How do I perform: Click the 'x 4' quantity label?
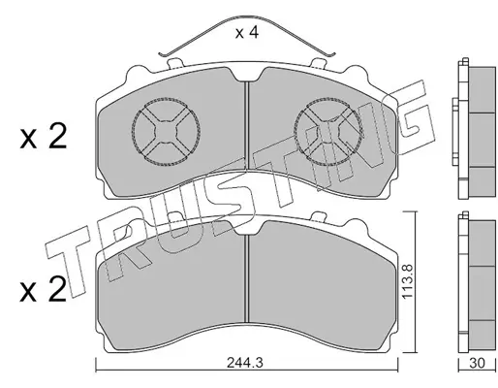point(247,32)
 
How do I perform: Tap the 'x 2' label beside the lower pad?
point(44,289)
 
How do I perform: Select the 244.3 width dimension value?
point(245,363)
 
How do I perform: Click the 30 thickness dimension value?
point(477,363)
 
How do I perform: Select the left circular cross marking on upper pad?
point(166,132)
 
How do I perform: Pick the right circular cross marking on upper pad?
point(328,132)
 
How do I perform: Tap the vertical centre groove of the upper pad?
point(247,125)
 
